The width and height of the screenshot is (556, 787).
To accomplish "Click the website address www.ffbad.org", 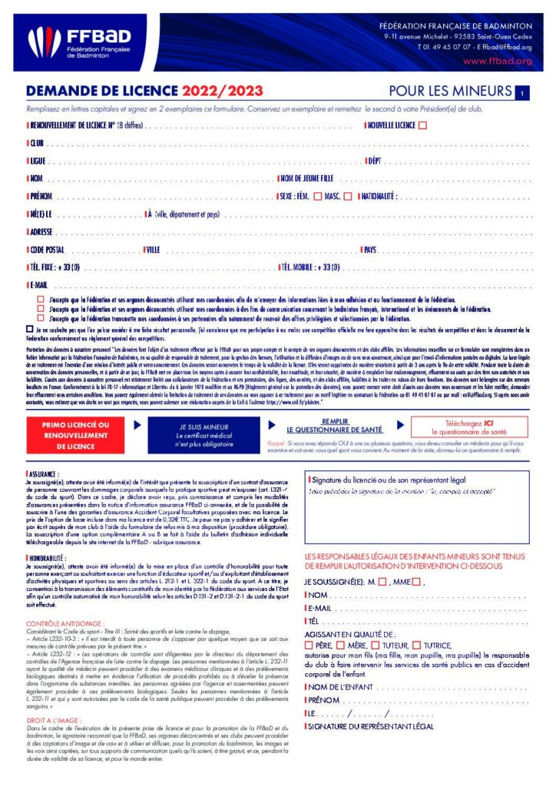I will click(498, 61).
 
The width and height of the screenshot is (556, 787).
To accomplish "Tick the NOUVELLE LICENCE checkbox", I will click(422, 125).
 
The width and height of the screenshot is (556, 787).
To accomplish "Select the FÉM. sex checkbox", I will click(339, 195).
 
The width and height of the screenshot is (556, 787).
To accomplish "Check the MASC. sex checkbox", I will click(369, 195).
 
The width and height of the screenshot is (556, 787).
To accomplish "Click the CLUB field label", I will click(37, 143).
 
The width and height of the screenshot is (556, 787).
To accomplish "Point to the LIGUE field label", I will click(38, 161).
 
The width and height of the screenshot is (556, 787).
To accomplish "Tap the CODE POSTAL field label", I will click(47, 250).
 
